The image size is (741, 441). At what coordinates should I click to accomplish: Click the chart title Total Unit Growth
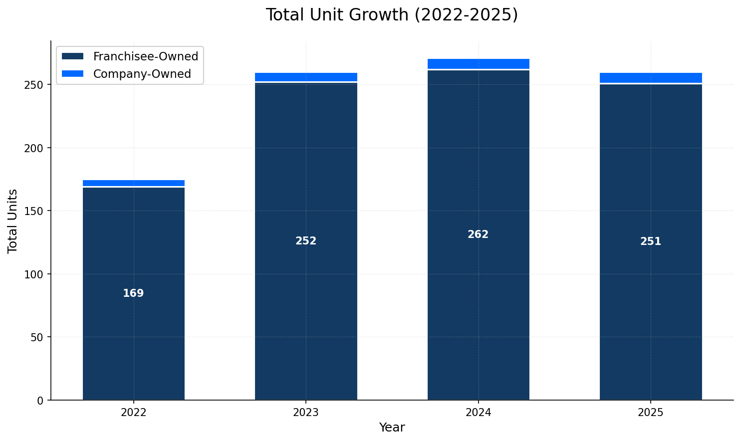[x=392, y=15]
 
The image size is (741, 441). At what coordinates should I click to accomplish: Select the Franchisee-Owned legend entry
[x=145, y=57]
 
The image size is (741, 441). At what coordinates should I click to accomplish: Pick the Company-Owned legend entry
[x=142, y=74]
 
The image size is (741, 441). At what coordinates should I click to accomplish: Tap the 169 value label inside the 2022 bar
[x=133, y=294]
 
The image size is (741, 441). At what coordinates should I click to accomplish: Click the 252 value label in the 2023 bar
[x=306, y=241]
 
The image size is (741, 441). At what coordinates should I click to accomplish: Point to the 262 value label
[x=478, y=235]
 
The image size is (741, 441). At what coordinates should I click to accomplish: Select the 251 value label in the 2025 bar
[x=651, y=242]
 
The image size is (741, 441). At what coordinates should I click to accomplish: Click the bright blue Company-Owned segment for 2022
[x=134, y=183]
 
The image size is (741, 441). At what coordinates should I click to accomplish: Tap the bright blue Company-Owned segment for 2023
[x=306, y=77]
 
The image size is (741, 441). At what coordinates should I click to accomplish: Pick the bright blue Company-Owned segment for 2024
[x=478, y=64]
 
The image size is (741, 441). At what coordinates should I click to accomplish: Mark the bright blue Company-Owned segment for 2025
[x=651, y=78]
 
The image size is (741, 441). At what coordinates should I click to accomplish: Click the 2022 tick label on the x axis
[x=133, y=413]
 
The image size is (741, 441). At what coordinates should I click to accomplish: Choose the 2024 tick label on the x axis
[x=478, y=413]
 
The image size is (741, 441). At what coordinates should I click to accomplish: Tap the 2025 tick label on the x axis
[x=651, y=413]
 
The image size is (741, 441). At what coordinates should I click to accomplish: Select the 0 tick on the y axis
[x=41, y=401]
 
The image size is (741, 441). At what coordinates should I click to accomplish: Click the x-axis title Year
[x=392, y=428]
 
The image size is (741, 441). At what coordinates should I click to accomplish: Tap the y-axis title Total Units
[x=13, y=221]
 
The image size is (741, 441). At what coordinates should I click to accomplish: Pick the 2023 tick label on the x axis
[x=306, y=413]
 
